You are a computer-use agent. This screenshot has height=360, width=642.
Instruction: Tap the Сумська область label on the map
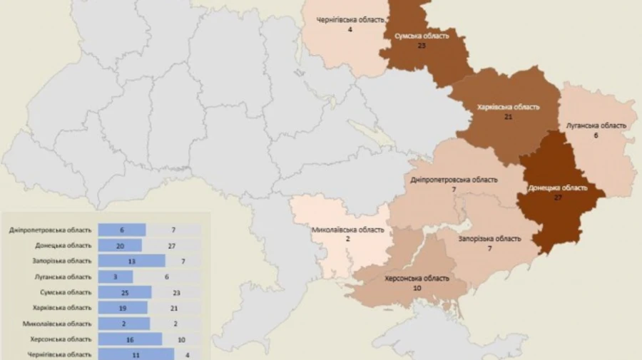click(x=421, y=35)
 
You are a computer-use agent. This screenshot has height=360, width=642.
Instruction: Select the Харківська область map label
click(x=508, y=107)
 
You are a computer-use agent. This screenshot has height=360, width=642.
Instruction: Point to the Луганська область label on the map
click(x=596, y=125)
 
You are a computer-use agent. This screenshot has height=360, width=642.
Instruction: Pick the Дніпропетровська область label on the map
click(x=454, y=180)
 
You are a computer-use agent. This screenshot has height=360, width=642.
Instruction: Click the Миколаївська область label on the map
click(x=348, y=230)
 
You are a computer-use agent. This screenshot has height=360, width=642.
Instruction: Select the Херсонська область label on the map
click(x=417, y=278)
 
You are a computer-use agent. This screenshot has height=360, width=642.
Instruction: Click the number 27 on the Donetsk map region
click(x=558, y=197)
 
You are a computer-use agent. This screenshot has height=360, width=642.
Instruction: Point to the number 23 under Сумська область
click(x=421, y=45)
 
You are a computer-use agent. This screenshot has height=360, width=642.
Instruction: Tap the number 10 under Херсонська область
click(x=417, y=288)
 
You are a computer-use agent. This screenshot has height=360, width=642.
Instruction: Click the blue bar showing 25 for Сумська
click(x=125, y=292)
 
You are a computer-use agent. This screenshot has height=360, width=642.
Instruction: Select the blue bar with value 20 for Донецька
click(x=120, y=245)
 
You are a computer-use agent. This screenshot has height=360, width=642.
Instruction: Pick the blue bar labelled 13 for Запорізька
click(x=131, y=261)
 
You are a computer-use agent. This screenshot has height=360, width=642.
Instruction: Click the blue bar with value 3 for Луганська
click(x=115, y=277)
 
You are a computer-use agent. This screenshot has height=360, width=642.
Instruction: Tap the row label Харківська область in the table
click(x=62, y=308)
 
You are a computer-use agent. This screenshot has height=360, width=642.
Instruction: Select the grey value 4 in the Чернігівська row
click(x=188, y=354)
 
